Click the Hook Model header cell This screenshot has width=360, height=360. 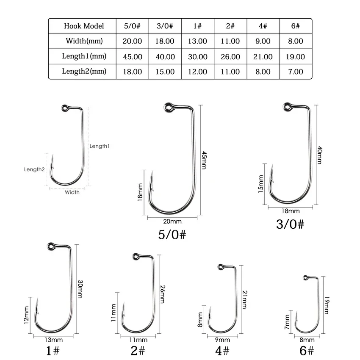pos(83,26)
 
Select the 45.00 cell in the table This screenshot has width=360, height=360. pos(132,56)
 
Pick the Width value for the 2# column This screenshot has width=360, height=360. pos(230,41)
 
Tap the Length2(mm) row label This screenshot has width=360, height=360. pos(84,71)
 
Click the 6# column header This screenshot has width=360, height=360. pos(295,26)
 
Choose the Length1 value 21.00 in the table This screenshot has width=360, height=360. pos(263,56)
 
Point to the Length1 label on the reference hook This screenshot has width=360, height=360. pos(100,146)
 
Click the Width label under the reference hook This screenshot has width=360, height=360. pos(72,192)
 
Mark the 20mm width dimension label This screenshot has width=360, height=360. pos(172,222)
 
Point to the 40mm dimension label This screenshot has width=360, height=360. pos(320,155)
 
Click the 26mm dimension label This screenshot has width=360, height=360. pos(162,293)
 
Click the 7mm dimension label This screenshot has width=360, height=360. pos(287,322)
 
